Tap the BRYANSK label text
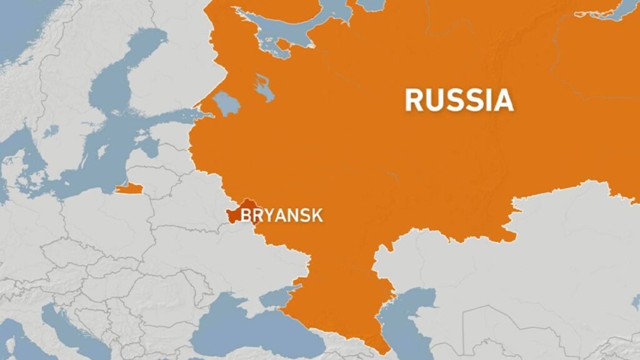(x=282, y=216)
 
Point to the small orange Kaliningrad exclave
(x=129, y=187)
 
